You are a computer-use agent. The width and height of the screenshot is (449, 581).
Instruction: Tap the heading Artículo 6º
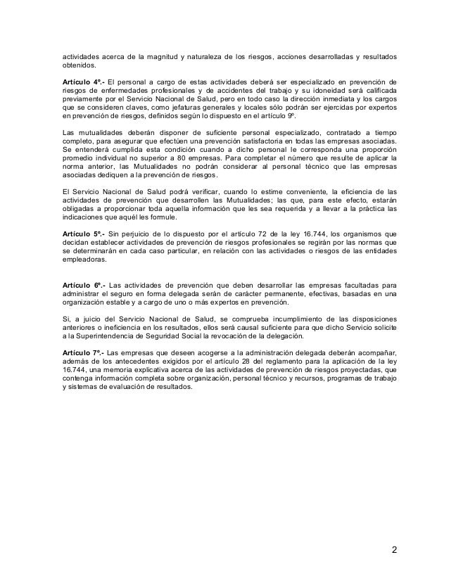click(83, 284)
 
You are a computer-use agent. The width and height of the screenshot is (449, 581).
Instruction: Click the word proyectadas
click(371, 368)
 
